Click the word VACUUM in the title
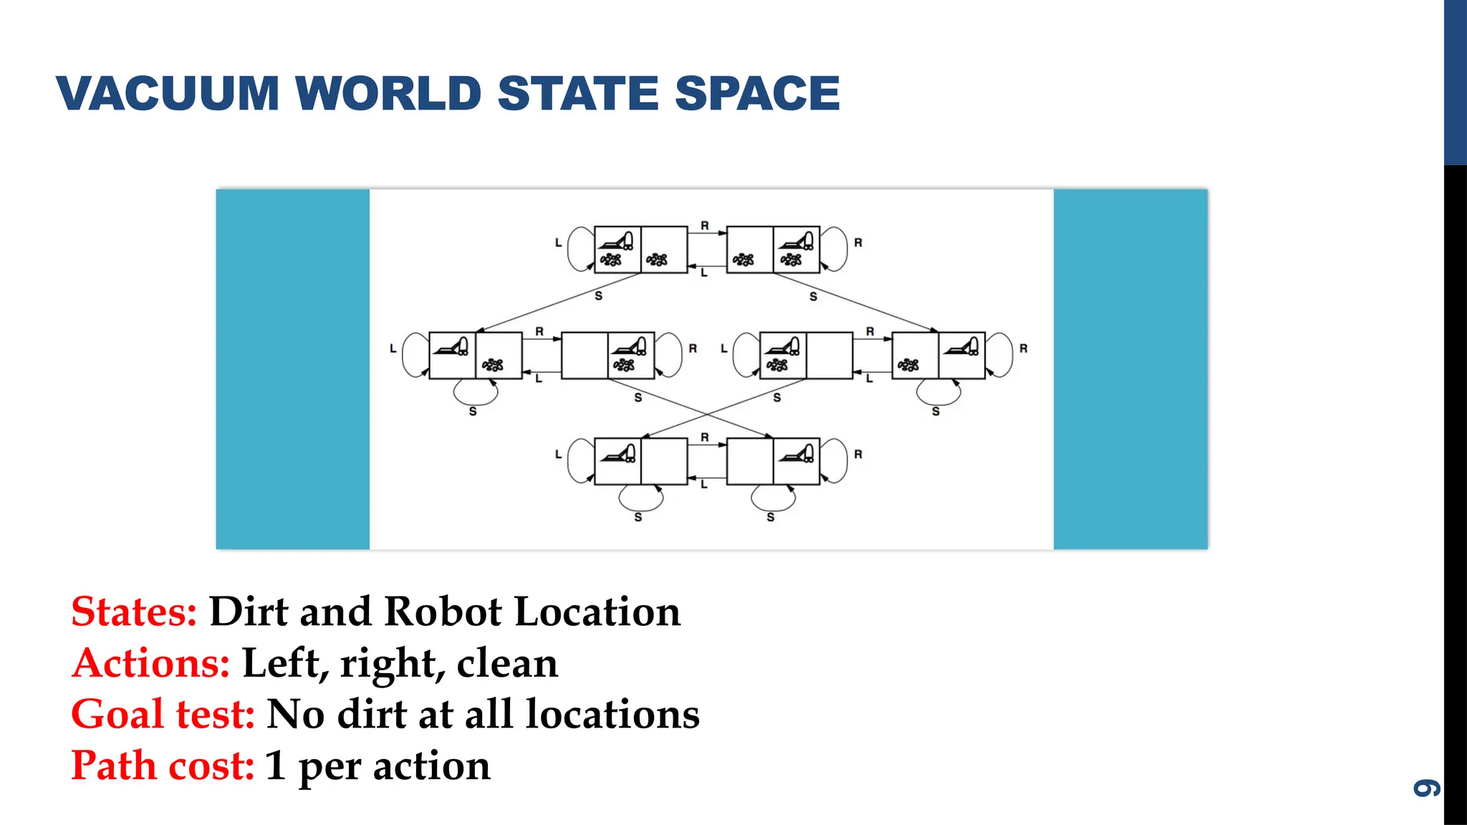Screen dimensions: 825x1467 168,94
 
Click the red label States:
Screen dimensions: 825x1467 134,612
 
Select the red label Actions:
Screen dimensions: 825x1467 150,663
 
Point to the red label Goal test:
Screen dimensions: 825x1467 163,715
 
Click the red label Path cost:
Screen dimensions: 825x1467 163,766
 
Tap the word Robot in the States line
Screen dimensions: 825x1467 443,612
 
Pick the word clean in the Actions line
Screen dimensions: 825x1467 507,663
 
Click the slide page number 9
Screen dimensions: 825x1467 1426,788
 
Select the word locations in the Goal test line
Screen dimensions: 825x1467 612,715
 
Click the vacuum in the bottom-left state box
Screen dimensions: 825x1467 618,454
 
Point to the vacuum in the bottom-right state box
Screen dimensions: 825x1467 797,454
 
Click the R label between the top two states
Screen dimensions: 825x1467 705,226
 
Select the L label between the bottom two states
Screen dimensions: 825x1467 704,485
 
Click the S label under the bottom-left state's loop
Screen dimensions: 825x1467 638,517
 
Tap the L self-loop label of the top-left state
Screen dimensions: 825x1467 559,243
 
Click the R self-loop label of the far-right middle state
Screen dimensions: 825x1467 1024,349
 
